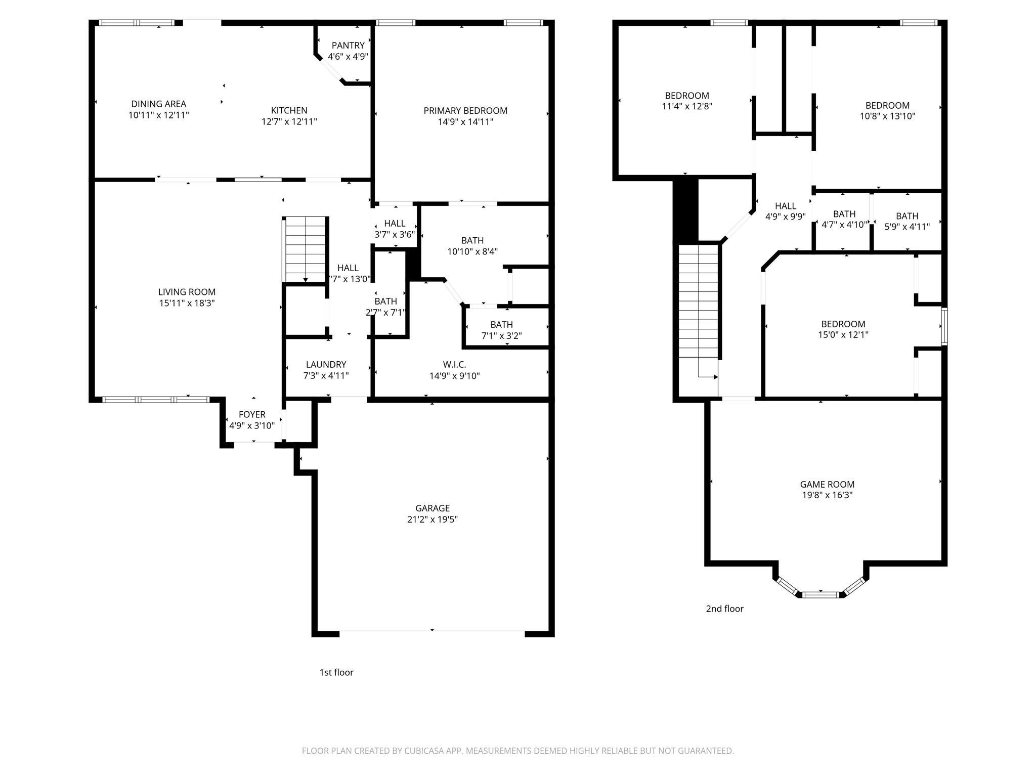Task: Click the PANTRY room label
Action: coord(348,46)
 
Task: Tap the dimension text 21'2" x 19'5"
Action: coord(432,520)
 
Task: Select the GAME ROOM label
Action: coord(827,484)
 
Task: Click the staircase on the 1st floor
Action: coord(305,249)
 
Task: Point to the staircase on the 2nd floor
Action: coord(698,309)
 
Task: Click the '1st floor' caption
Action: coord(336,672)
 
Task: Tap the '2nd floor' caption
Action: coord(724,609)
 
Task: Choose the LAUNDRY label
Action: coord(326,364)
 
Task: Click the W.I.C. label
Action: coord(454,364)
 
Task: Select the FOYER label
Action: coord(252,414)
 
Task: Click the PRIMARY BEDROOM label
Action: coord(465,110)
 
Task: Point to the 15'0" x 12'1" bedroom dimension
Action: coord(843,335)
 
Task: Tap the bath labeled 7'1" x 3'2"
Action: coord(501,330)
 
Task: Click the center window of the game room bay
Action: coord(821,594)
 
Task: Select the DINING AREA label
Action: coord(158,104)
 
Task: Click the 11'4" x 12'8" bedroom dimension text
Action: coord(687,106)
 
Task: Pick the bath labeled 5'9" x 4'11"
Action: coord(906,222)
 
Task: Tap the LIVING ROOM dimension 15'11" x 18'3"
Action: coord(187,303)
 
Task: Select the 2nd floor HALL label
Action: coord(785,206)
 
